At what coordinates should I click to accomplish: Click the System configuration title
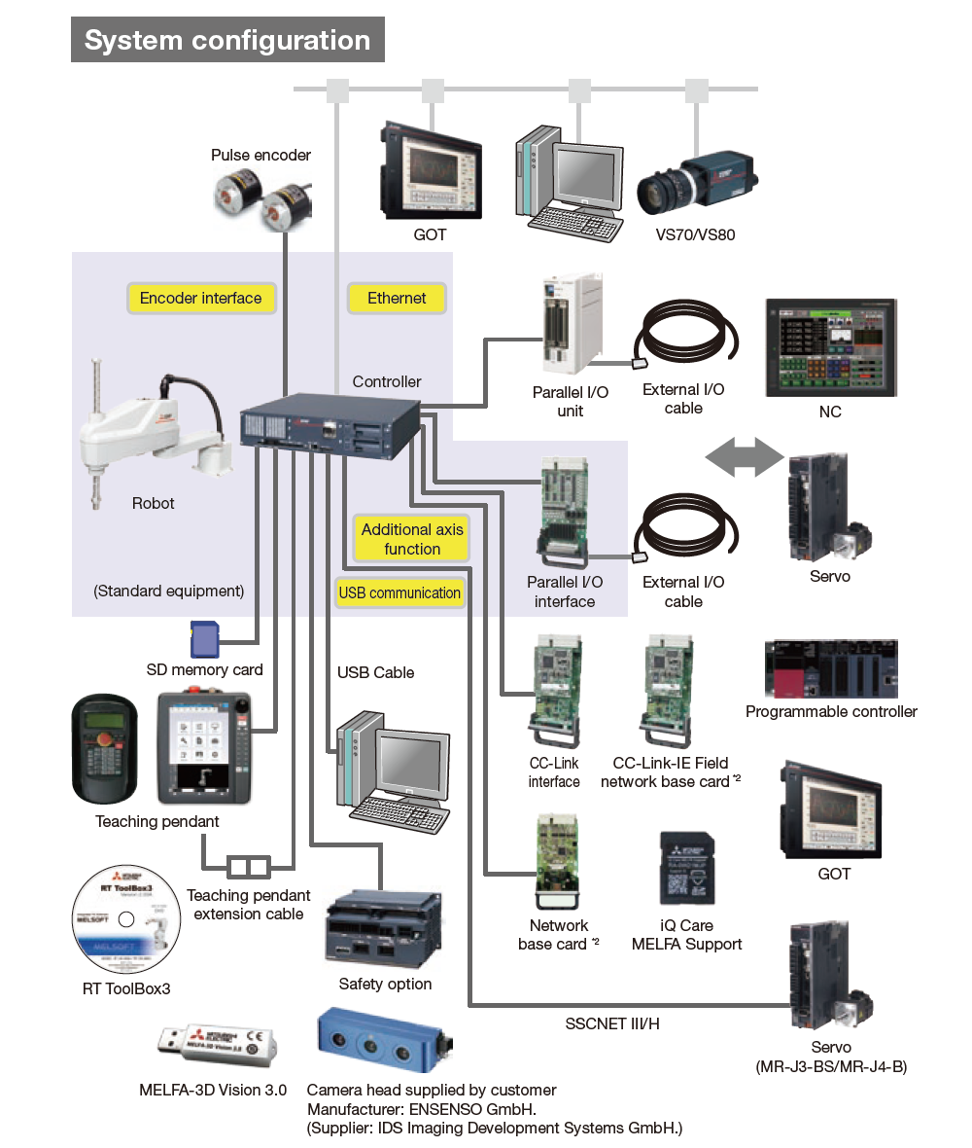pyautogui.click(x=227, y=41)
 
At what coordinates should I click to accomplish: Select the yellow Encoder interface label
pyautogui.click(x=201, y=299)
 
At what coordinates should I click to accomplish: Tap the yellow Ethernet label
pyautogui.click(x=397, y=299)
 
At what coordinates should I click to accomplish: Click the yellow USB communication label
pyautogui.click(x=399, y=592)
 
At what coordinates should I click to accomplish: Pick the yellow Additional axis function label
pyautogui.click(x=412, y=539)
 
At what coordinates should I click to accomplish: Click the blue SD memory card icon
pyautogui.click(x=203, y=640)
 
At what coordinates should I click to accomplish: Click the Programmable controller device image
pyautogui.click(x=831, y=669)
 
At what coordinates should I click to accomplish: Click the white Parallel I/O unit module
pyautogui.click(x=571, y=324)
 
